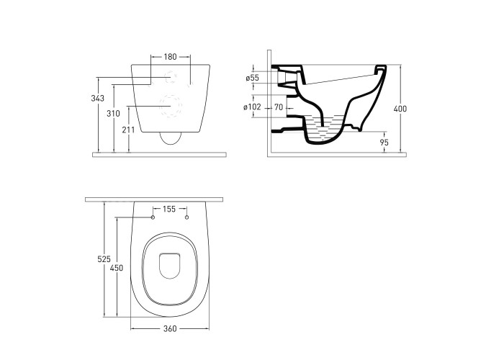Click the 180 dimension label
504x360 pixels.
(171, 57)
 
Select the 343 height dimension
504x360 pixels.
(97, 99)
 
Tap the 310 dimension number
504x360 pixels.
(113, 114)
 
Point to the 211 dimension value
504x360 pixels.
(128, 130)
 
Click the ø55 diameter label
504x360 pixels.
(252, 78)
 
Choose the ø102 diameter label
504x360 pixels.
(252, 107)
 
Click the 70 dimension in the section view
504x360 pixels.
(279, 107)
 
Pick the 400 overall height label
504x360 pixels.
(400, 109)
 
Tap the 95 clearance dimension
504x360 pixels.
(384, 142)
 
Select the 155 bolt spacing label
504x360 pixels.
(169, 210)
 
